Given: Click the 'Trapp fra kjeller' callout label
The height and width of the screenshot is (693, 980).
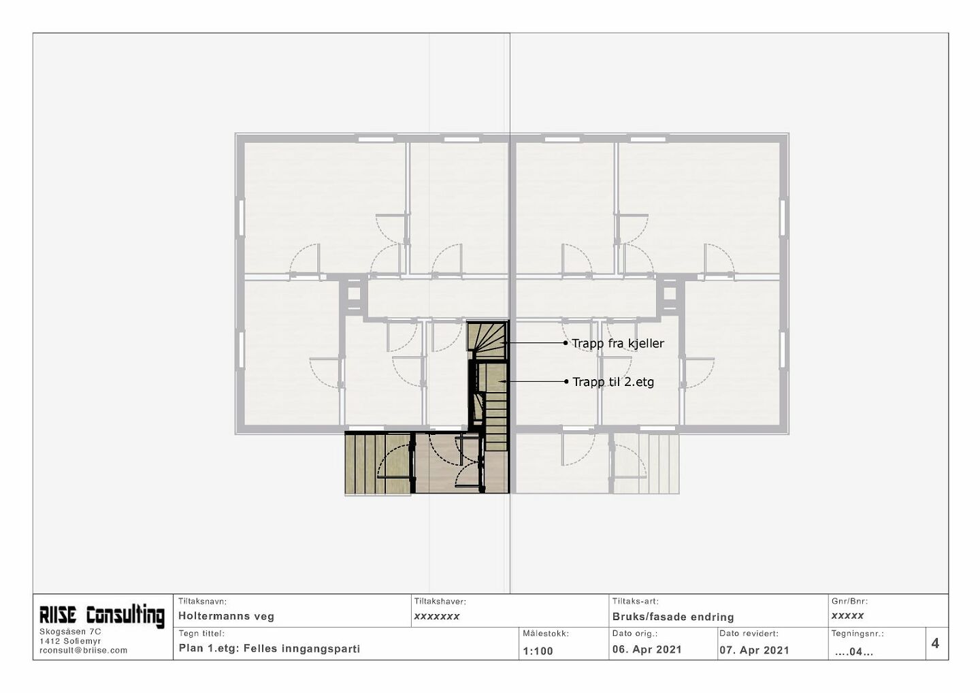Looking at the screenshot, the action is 618,344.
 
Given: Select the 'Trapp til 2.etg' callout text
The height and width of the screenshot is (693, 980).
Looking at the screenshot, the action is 613,382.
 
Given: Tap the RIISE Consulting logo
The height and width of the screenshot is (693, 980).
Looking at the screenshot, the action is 102,615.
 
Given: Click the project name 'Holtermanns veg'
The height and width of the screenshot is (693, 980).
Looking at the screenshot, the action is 226,617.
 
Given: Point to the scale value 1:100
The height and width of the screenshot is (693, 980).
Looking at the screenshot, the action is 538,651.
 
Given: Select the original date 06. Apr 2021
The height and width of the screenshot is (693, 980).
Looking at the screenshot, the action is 647,649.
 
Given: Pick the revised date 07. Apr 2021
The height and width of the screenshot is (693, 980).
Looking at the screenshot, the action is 754,650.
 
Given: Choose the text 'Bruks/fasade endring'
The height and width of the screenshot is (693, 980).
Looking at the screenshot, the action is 673,617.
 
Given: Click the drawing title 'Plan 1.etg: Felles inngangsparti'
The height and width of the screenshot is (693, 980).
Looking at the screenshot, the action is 269,648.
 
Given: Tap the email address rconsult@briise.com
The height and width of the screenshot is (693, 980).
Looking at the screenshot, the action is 83,650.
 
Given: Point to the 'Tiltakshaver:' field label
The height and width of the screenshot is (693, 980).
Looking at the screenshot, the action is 440,602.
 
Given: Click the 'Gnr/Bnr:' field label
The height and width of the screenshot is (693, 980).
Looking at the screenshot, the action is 849,602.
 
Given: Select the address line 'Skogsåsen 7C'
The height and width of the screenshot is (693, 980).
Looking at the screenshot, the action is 70,632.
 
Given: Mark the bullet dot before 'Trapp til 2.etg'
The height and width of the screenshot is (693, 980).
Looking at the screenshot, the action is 566,381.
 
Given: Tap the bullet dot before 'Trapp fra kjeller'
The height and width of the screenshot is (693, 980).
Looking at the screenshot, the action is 566,343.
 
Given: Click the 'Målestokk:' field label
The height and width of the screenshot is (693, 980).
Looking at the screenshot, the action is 546,634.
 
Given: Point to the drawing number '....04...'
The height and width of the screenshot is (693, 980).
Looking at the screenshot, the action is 854,652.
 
